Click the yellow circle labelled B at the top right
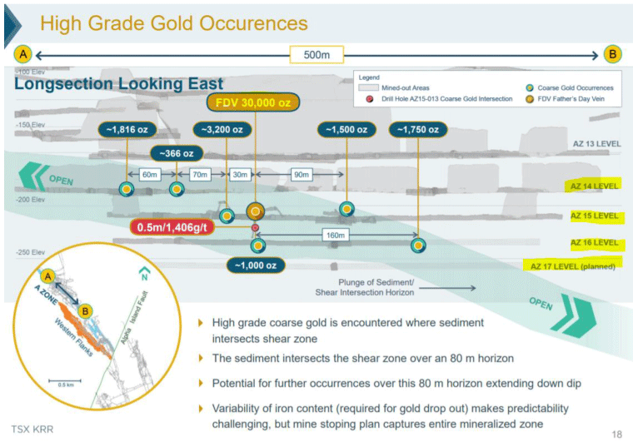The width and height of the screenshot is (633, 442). pyautogui.click(x=612, y=55)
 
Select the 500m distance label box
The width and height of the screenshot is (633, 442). pyautogui.click(x=316, y=55)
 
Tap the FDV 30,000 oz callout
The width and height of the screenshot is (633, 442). pyautogui.click(x=253, y=103)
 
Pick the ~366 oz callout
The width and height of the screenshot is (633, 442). pyautogui.click(x=176, y=153)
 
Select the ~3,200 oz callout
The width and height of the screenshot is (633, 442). pyautogui.click(x=222, y=130)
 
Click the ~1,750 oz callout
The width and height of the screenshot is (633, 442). pyautogui.click(x=417, y=130)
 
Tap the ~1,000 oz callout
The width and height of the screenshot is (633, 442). pyautogui.click(x=257, y=265)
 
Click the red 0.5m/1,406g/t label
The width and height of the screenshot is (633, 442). pyautogui.click(x=187, y=226)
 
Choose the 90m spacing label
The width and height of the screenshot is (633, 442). pyautogui.click(x=301, y=175)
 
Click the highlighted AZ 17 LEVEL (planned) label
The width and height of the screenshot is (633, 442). pyautogui.click(x=574, y=266)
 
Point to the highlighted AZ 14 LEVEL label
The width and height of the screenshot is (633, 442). pyautogui.click(x=594, y=186)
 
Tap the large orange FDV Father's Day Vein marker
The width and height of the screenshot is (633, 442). pyautogui.click(x=255, y=211)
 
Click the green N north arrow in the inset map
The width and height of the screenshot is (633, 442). pyautogui.click(x=144, y=272)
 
